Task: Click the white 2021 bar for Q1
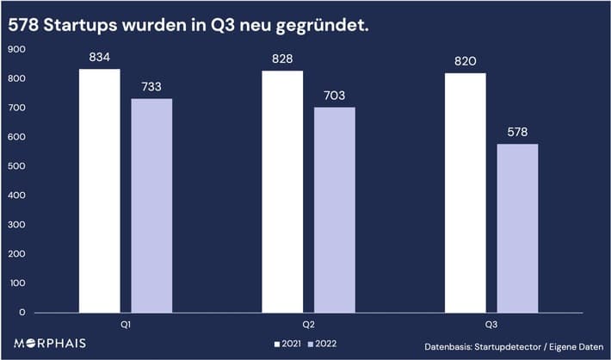point(99,190)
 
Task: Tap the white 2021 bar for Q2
point(282,191)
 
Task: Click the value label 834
point(100,58)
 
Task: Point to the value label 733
point(151,87)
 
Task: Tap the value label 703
point(335,96)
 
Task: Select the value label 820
point(466,61)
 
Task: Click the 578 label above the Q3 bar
point(517,133)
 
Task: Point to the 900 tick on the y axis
point(16,49)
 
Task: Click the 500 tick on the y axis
point(16,166)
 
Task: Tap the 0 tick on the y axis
point(23,312)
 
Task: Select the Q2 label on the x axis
point(309,326)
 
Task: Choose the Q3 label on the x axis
point(491,326)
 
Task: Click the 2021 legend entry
point(287,344)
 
